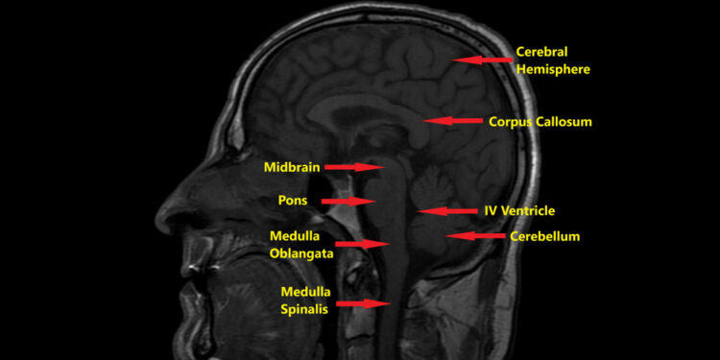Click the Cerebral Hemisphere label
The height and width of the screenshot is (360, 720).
(552, 60)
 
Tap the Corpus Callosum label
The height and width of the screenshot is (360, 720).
(540, 122)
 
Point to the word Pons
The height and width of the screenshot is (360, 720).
(293, 201)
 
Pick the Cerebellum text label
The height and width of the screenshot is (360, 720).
(544, 236)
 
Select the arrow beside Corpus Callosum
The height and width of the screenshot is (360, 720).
(452, 121)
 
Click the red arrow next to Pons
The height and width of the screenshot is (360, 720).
(347, 202)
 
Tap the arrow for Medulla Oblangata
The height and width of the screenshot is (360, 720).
(362, 245)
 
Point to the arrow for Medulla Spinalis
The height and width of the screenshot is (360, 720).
(364, 303)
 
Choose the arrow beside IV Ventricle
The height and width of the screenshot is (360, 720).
(446, 210)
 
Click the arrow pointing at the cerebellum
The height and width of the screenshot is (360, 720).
(475, 236)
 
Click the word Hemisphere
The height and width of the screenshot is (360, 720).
(552, 69)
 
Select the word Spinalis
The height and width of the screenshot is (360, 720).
(305, 309)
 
